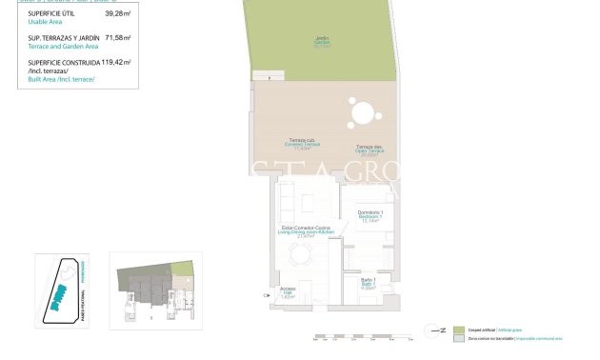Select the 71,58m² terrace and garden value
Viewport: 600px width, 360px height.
click(x=118, y=38)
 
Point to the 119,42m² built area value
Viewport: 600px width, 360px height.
click(x=116, y=62)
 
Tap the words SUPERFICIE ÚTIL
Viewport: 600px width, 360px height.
click(x=51, y=13)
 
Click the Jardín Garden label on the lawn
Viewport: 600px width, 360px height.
click(x=323, y=42)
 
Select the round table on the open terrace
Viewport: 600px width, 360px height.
click(x=362, y=114)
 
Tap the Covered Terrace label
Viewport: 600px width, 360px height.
click(x=304, y=146)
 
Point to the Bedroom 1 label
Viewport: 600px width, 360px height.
click(x=370, y=216)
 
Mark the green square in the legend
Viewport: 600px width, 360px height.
click(x=457, y=329)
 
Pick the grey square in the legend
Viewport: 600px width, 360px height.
click(x=457, y=338)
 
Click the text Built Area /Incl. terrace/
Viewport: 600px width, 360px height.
click(x=62, y=79)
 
